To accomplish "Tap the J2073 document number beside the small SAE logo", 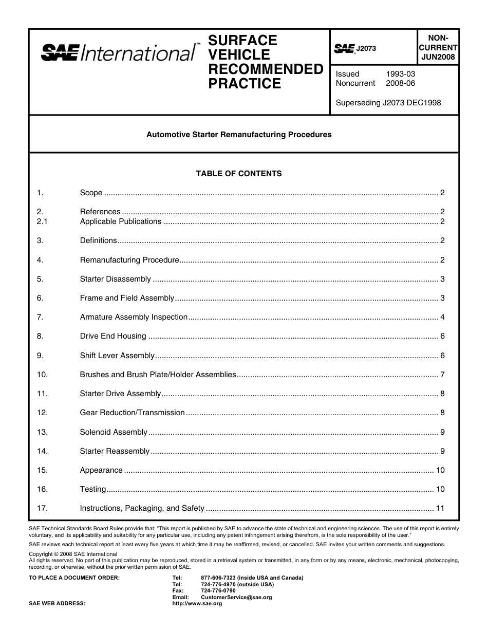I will point(366,49).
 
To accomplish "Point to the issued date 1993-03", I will point(400,74).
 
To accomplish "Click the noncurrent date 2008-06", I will point(400,83).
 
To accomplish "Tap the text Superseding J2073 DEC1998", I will point(388,103).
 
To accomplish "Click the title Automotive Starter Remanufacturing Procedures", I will point(239,135).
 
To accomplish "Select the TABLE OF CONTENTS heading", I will point(239,174).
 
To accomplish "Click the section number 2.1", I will point(42,221).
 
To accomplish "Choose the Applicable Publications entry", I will point(121,221).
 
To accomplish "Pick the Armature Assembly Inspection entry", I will point(134,317).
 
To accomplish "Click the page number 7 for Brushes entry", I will point(442,375).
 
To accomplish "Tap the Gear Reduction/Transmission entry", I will point(132,413).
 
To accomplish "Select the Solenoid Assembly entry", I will point(114,432).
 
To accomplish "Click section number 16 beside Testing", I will point(42,489).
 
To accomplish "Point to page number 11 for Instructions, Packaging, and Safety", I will point(440,509).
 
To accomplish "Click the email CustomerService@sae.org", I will point(236,598).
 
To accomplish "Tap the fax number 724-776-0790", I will point(218,591).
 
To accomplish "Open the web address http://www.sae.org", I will point(197,604).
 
